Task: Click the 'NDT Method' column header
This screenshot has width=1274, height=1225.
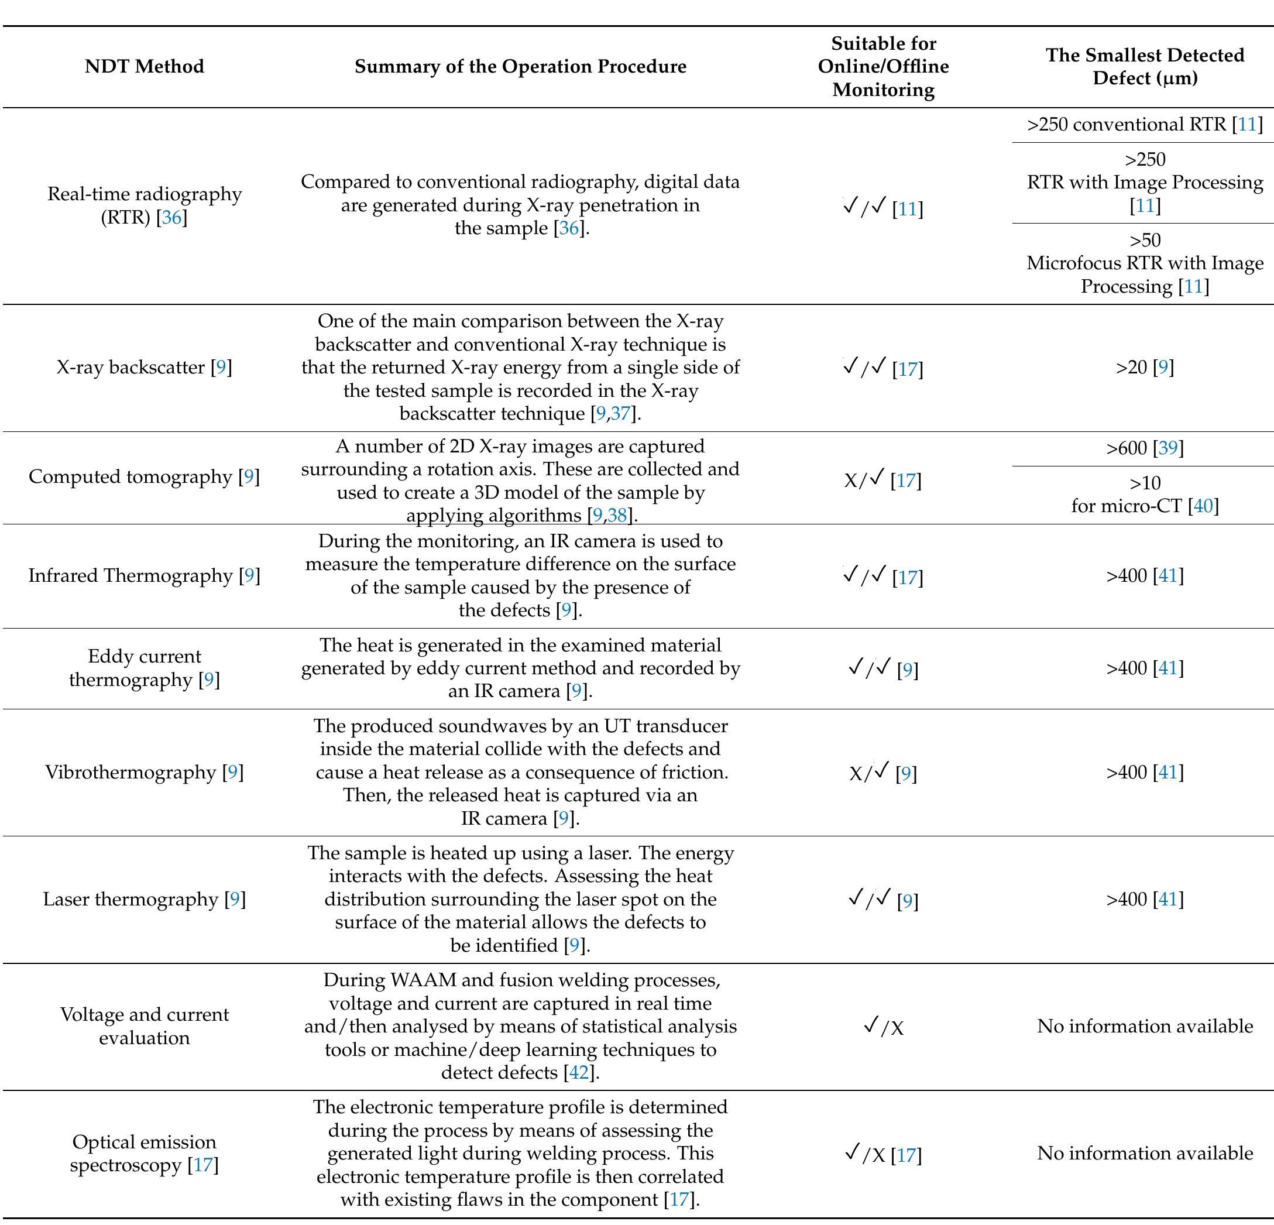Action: (145, 66)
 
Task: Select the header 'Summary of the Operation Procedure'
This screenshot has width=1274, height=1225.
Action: (520, 66)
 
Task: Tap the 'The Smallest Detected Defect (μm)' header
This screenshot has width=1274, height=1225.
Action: (1145, 66)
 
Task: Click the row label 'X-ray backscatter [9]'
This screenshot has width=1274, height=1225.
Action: (145, 368)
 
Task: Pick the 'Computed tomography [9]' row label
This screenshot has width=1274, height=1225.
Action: (145, 476)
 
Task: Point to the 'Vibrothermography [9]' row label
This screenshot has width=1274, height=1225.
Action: (145, 773)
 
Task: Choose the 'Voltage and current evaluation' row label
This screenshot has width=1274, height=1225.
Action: (145, 1026)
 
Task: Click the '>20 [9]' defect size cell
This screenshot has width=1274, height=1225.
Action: (1145, 368)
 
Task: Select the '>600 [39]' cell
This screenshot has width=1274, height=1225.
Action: (1145, 448)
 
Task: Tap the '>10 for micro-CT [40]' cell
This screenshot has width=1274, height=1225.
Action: (1145, 494)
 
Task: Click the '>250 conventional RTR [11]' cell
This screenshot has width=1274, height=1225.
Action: (1145, 124)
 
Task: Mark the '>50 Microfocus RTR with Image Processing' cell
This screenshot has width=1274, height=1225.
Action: (1145, 263)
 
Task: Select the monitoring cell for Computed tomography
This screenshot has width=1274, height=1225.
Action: (883, 481)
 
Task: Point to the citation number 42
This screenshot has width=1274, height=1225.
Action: (579, 1072)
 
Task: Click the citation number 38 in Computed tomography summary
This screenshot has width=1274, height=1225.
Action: (617, 516)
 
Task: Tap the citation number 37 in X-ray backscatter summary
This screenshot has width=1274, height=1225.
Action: (620, 414)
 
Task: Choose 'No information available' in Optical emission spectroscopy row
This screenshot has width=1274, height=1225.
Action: (1145, 1154)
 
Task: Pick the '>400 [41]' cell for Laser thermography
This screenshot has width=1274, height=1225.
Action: (1145, 899)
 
